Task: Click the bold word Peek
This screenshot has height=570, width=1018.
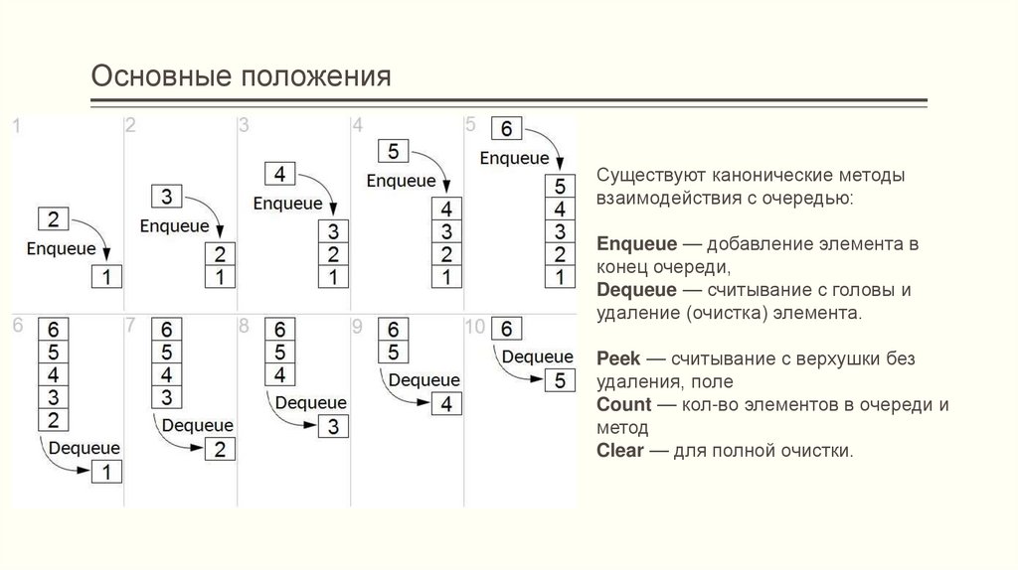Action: click(x=618, y=357)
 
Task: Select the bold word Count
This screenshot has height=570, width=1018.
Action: click(x=624, y=405)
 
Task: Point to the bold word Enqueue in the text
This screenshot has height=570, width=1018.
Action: click(x=636, y=243)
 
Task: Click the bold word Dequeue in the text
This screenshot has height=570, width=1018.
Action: click(x=637, y=290)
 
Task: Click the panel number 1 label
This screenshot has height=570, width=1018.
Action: click(x=16, y=125)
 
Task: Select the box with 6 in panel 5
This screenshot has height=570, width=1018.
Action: click(x=507, y=130)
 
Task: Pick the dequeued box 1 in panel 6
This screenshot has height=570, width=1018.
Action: click(x=107, y=472)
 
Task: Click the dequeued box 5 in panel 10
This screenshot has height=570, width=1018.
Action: click(x=560, y=379)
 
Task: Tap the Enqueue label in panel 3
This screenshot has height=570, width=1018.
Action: click(x=288, y=204)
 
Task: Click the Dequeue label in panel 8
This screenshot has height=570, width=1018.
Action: click(x=310, y=403)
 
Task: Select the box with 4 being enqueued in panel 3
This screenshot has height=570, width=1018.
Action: click(x=279, y=175)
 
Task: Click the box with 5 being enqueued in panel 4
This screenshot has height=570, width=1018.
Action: click(x=393, y=152)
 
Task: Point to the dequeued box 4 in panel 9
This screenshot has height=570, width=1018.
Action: click(x=447, y=404)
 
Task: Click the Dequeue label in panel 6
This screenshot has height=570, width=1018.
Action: click(x=84, y=447)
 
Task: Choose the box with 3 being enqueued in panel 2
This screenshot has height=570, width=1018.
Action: click(x=166, y=197)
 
